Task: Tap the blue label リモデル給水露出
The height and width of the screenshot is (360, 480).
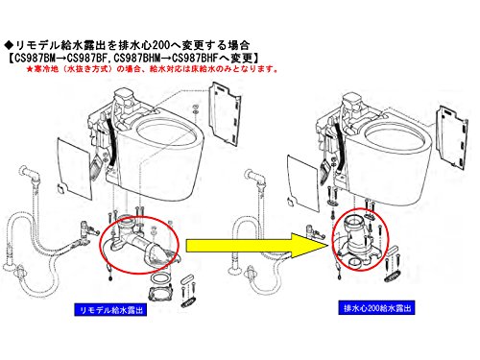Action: click(x=110, y=310)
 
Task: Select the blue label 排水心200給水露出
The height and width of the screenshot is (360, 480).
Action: click(x=376, y=308)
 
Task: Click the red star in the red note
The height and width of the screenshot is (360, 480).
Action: click(x=30, y=69)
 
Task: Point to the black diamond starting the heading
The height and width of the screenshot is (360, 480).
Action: click(x=9, y=45)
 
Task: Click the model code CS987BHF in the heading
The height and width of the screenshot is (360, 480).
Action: click(x=195, y=59)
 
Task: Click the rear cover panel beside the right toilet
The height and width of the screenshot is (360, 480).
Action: click(x=452, y=136)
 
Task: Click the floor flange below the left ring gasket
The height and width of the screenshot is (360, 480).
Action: click(x=161, y=293)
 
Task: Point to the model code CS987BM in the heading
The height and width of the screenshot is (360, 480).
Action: click(x=35, y=59)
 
